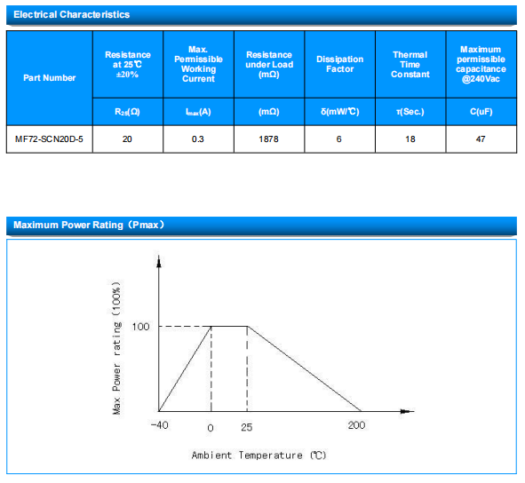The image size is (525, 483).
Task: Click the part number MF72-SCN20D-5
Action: (x=49, y=139)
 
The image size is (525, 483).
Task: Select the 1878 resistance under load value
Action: (x=268, y=139)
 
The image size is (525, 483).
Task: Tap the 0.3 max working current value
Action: (x=198, y=139)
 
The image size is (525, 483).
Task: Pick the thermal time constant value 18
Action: (x=410, y=139)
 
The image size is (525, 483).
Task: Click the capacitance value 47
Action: (x=481, y=139)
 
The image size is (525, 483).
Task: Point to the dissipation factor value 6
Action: (x=339, y=139)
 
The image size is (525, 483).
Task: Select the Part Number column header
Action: (x=50, y=78)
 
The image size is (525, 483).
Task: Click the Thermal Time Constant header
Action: (x=410, y=65)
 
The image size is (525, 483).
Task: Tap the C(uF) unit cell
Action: (x=481, y=112)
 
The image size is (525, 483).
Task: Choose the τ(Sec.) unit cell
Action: (x=410, y=112)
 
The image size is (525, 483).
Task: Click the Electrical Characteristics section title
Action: (x=72, y=15)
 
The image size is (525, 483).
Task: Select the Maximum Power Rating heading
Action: (x=89, y=225)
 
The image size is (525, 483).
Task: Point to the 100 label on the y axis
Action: (x=140, y=327)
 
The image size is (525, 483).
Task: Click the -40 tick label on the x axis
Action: (x=160, y=425)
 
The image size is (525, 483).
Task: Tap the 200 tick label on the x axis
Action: (x=356, y=425)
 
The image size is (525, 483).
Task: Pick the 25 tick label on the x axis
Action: (x=247, y=427)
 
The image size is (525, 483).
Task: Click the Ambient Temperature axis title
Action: (x=259, y=455)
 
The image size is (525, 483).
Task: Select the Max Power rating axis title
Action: (x=116, y=348)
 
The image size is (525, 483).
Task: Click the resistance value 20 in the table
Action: (x=127, y=139)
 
